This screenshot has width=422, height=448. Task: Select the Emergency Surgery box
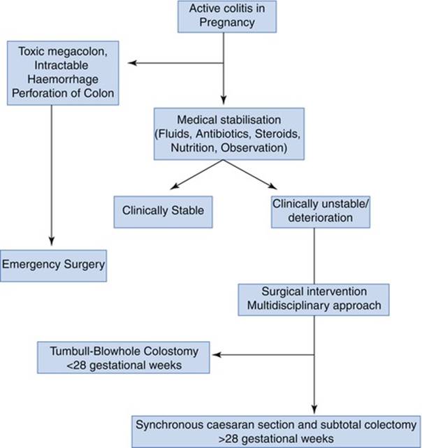pyautogui.click(x=53, y=264)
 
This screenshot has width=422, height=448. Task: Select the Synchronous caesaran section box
pyautogui.click(x=277, y=430)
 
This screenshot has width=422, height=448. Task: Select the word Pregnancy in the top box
pyautogui.click(x=224, y=22)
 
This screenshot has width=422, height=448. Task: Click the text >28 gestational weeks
pyautogui.click(x=277, y=438)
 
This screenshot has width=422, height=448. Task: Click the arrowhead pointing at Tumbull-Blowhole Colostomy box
pyautogui.click(x=217, y=355)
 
